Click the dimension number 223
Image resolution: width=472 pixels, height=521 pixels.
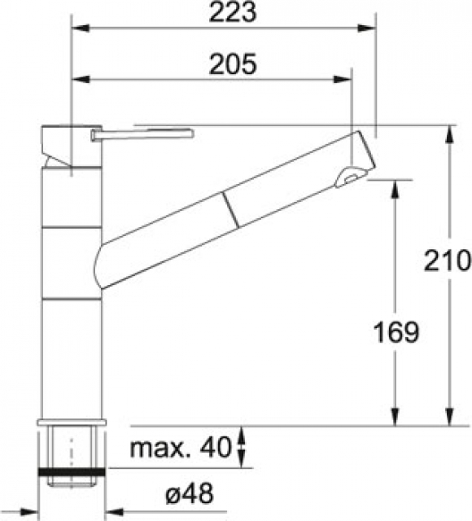click(233, 12)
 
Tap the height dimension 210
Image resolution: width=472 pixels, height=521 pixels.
click(448, 260)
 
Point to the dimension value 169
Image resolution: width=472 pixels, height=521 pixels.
click(396, 333)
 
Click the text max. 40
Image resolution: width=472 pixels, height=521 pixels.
click(180, 447)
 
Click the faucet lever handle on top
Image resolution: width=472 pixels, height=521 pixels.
click(142, 134)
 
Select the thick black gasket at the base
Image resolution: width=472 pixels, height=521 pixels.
click(72, 472)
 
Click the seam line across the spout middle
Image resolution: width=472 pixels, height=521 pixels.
click(230, 210)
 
